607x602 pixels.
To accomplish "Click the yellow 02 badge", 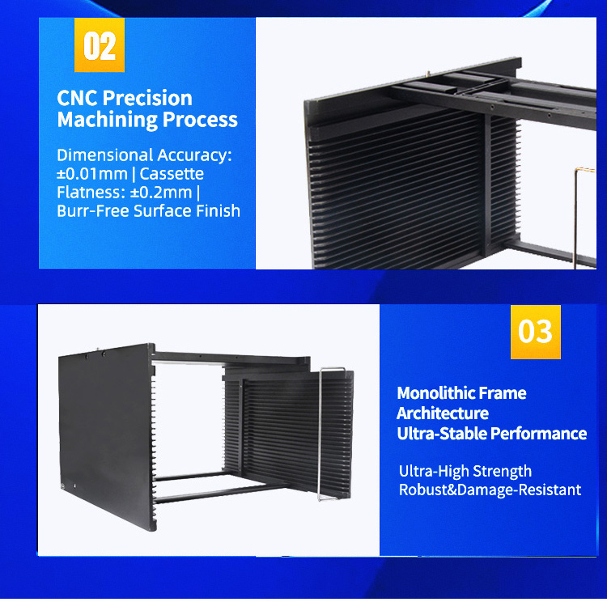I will coord(100,45).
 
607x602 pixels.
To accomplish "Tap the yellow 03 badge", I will coord(535,332).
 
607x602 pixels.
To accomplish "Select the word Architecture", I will coord(442,413).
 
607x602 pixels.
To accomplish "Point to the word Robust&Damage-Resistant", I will coord(490,490).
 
